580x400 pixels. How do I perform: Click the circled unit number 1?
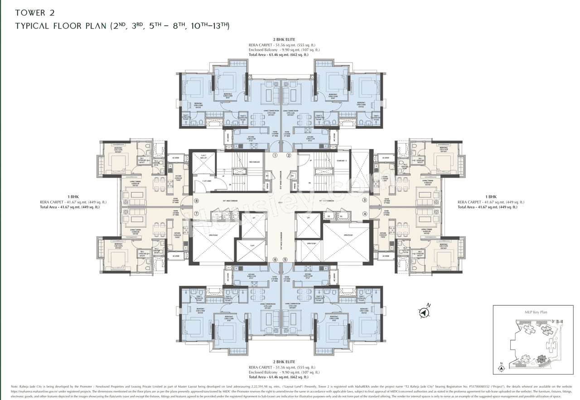(275, 155)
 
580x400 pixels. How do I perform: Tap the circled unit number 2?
(288, 155)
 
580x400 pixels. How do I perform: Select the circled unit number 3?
(364, 200)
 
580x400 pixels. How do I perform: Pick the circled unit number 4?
(364, 214)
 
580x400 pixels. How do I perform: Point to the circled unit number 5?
(285, 259)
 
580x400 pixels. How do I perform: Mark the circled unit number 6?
(275, 259)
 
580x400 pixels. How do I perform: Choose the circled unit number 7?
(196, 214)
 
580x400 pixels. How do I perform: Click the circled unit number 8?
(196, 200)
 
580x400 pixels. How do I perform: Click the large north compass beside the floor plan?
(424, 312)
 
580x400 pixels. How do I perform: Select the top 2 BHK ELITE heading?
(282, 39)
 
